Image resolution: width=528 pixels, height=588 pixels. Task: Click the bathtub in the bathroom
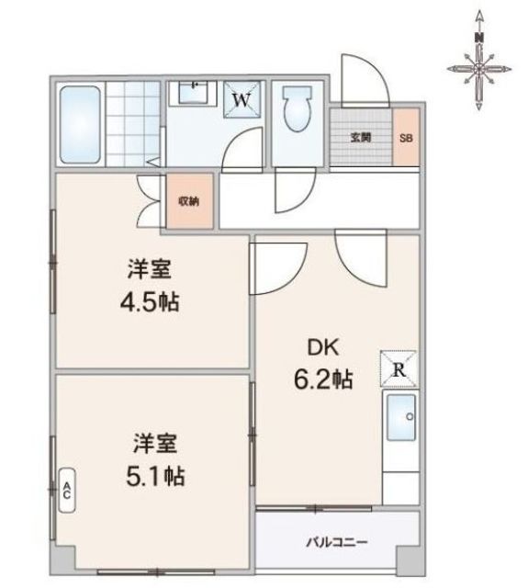80,125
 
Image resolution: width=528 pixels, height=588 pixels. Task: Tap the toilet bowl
298,108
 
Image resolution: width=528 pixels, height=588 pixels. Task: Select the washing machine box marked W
242,99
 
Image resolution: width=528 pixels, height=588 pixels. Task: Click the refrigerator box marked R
399,369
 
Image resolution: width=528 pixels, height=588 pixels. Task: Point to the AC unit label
67,490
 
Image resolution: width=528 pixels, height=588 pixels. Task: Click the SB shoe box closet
406,137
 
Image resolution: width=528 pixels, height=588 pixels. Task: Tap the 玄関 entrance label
361,138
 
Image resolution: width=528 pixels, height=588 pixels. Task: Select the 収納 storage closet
189,201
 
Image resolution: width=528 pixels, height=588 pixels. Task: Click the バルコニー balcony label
337,542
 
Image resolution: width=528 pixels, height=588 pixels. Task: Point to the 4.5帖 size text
150,301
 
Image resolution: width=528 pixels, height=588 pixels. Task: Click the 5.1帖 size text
155,476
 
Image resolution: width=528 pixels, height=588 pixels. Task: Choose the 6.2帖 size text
323,379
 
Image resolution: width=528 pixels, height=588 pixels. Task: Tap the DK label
323,347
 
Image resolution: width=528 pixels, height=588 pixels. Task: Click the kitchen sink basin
401,417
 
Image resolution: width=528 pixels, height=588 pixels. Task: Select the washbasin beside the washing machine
192,92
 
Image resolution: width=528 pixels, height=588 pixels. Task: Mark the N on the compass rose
478,37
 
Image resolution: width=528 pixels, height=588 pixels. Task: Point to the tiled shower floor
133,124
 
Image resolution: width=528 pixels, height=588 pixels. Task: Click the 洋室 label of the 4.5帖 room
150,269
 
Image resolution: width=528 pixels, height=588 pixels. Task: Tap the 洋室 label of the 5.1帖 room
155,443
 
